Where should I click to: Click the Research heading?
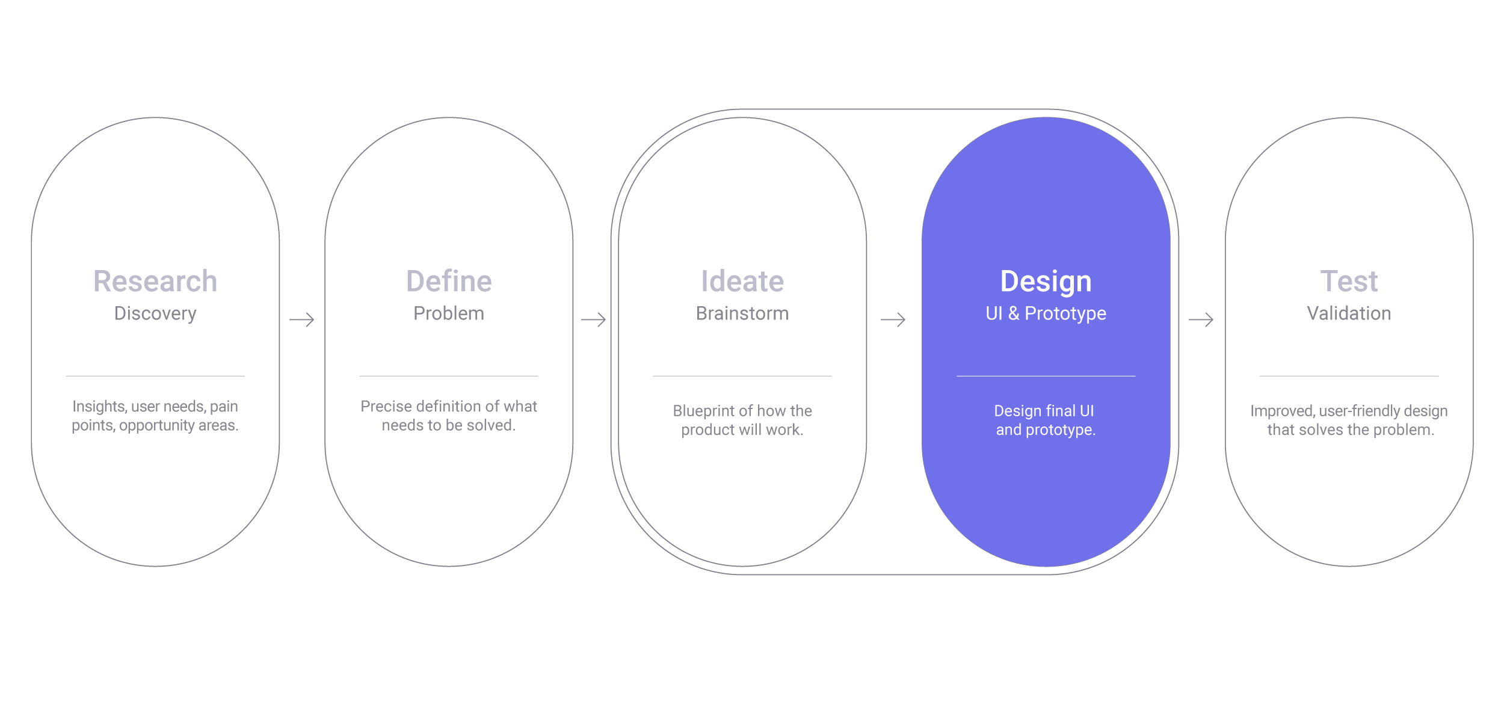(x=155, y=282)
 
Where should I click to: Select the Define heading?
(x=449, y=282)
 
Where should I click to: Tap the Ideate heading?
(x=742, y=282)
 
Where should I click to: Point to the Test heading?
(x=1349, y=282)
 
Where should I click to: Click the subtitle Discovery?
(x=155, y=314)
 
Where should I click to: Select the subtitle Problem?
(x=449, y=313)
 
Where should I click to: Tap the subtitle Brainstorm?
(x=742, y=313)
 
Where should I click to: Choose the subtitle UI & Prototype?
(x=1046, y=314)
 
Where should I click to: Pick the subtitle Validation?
(x=1349, y=313)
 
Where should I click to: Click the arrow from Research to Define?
(x=302, y=319)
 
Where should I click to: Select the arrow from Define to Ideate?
(x=593, y=319)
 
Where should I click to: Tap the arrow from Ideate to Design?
(x=893, y=319)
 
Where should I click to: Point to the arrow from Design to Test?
(x=1201, y=319)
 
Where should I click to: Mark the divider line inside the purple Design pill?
(x=1046, y=376)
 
